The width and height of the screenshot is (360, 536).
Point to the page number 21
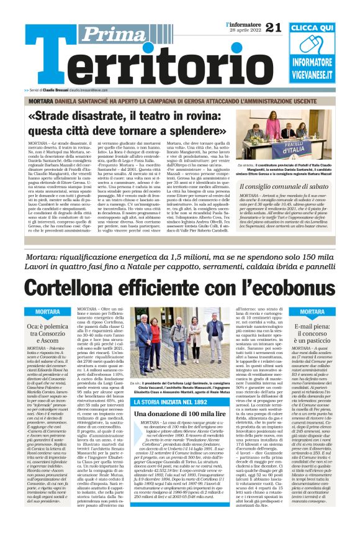click(x=273, y=27)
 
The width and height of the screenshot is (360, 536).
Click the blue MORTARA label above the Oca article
click(x=48, y=311)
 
